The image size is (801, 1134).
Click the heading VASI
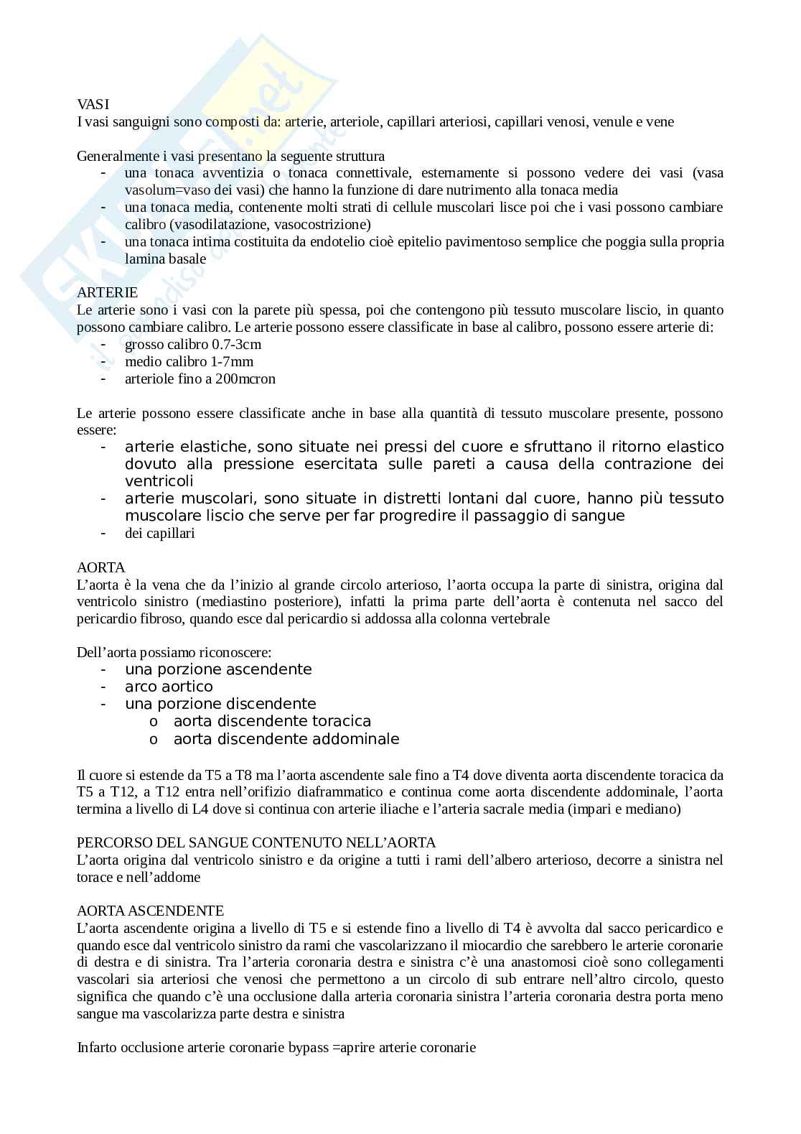pos(93,105)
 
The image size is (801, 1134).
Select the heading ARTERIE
pos(107,293)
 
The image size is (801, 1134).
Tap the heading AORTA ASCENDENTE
pos(150,911)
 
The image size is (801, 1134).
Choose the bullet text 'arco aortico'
pos(169,687)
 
